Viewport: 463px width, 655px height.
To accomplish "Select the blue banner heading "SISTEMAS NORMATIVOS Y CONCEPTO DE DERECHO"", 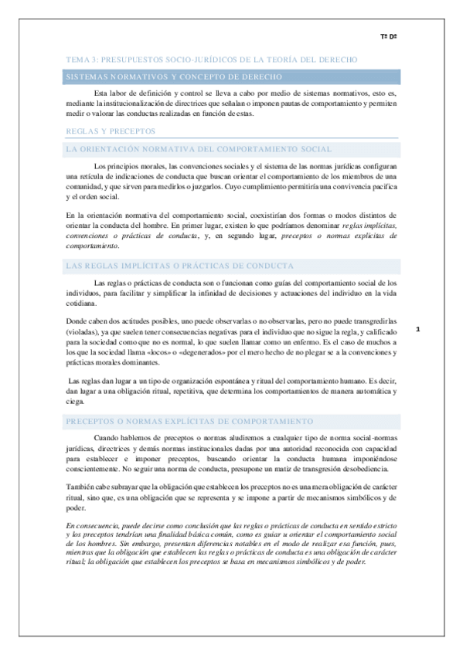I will tap(173, 76).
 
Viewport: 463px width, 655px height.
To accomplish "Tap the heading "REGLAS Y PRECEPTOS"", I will tap(111, 131).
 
